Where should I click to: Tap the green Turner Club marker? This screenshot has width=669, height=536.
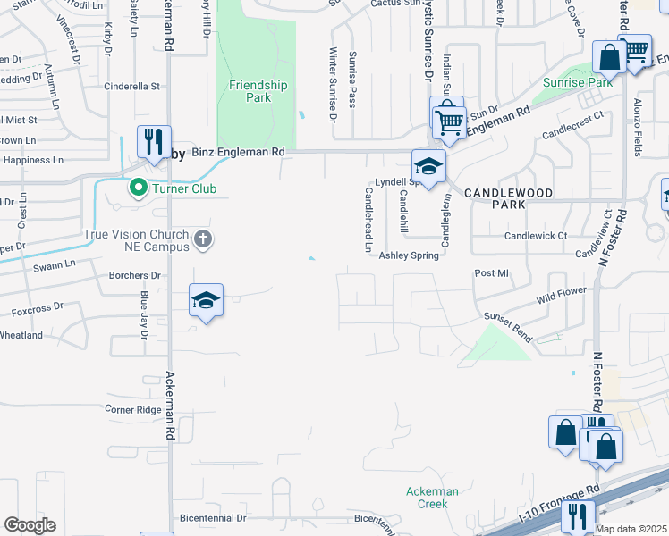(138, 188)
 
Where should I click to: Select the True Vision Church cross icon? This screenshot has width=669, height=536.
(203, 239)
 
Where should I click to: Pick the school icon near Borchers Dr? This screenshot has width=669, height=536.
(206, 301)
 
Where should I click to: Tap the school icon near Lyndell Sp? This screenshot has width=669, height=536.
(428, 166)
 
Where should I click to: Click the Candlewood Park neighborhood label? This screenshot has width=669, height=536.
(508, 197)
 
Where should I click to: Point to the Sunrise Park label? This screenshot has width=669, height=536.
(577, 82)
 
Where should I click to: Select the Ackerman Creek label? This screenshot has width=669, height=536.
(432, 498)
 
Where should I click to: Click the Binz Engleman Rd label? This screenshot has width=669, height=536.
(238, 153)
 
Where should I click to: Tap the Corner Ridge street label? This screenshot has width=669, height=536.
(133, 409)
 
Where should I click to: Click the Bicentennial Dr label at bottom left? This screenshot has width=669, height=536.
(213, 518)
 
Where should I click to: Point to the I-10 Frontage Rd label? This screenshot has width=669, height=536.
(558, 506)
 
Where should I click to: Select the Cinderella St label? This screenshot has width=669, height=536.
(131, 87)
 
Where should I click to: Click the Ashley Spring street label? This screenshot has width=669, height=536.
(409, 255)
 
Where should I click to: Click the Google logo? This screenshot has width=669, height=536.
(30, 525)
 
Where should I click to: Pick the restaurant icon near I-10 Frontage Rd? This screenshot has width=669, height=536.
(580, 515)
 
